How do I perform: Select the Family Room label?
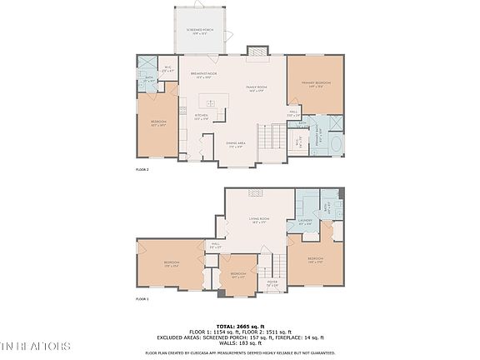tap(255, 88)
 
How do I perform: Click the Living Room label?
tap(259, 221)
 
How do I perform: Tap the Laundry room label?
tap(305, 222)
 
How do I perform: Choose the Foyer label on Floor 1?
tap(272, 283)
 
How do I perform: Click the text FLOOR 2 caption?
tap(142, 169)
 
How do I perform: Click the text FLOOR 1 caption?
tap(142, 298)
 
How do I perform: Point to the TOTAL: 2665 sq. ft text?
tap(240, 325)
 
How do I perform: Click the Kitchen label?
tap(202, 117)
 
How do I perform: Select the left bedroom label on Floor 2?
tap(159, 122)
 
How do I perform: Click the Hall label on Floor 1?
tap(215, 245)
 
